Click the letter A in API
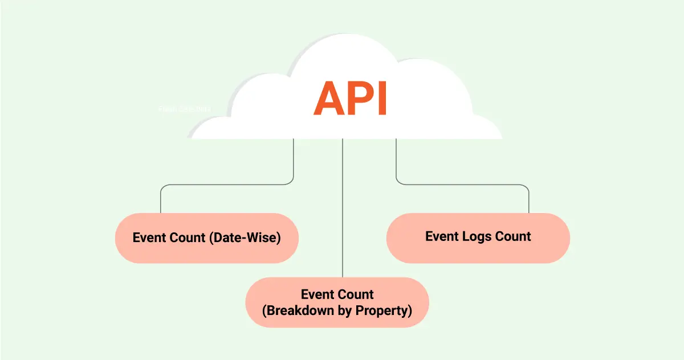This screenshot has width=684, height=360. pos(331,99)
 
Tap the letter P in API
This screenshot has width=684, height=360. pos(360,99)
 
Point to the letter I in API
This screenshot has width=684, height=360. pos(382,99)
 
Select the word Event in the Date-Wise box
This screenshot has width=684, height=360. pos(150,238)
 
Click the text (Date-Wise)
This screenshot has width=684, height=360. pos(245,238)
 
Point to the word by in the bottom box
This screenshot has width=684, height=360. pos(344,311)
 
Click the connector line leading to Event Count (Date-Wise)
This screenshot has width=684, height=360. pos(228,185)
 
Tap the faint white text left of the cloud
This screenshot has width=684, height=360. pos(185,108)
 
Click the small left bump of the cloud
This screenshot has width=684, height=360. pos(208,128)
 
